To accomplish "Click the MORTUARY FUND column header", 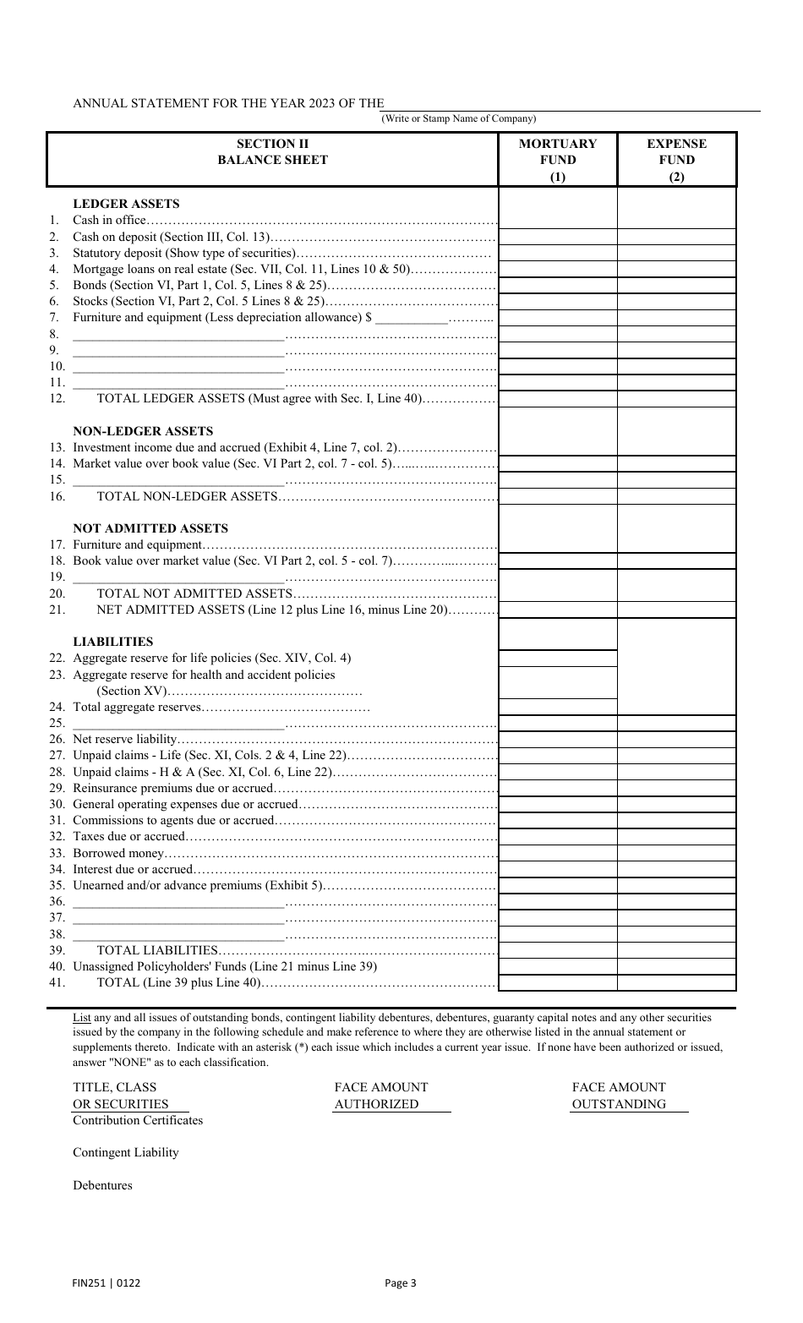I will point(558,159).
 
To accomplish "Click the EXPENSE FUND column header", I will point(676,159).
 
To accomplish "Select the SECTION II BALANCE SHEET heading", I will point(272,151).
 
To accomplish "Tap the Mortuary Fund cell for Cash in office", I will point(558,221).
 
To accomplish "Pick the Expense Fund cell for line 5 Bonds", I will point(676,285).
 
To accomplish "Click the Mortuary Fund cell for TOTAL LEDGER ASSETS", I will point(558,399).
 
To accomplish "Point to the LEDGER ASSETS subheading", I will point(126,204).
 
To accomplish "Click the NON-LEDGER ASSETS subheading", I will point(143,431).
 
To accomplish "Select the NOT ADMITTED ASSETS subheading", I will point(150,528).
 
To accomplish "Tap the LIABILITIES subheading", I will point(113,642).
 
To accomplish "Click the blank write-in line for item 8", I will point(178,335).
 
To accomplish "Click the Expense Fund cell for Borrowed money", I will point(676,853).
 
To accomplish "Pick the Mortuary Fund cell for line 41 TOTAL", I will point(558,982).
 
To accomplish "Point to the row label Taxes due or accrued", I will point(128,837).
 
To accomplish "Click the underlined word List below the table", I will point(81,1018).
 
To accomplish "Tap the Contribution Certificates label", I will point(138,1120).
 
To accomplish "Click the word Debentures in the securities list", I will point(102,1185).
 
